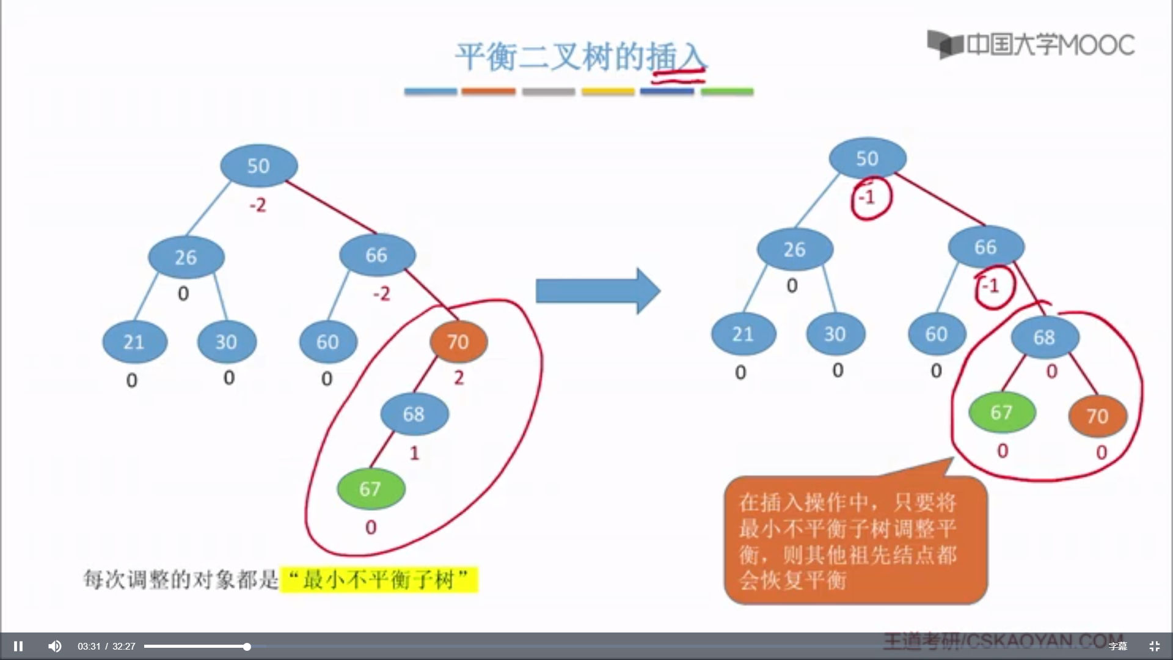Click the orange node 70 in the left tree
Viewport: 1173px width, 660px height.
458,342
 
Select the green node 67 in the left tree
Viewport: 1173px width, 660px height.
370,489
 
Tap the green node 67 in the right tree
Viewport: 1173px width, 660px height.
1002,413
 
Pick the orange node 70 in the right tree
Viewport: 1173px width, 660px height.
1097,416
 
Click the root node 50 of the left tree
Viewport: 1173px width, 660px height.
258,166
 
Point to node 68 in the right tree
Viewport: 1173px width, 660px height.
1045,337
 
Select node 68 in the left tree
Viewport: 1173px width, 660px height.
414,414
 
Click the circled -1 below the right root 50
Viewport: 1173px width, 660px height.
868,197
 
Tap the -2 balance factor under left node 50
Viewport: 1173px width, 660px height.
258,205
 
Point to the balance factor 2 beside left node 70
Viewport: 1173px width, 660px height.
459,378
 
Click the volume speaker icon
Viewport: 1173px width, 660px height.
55,646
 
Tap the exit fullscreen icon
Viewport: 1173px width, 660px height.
1154,646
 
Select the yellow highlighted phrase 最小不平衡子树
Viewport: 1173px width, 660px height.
379,579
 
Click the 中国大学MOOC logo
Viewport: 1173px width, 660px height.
1031,44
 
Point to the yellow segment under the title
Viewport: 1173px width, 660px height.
608,92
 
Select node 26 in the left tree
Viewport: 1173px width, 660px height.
186,257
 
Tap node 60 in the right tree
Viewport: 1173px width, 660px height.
936,334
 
